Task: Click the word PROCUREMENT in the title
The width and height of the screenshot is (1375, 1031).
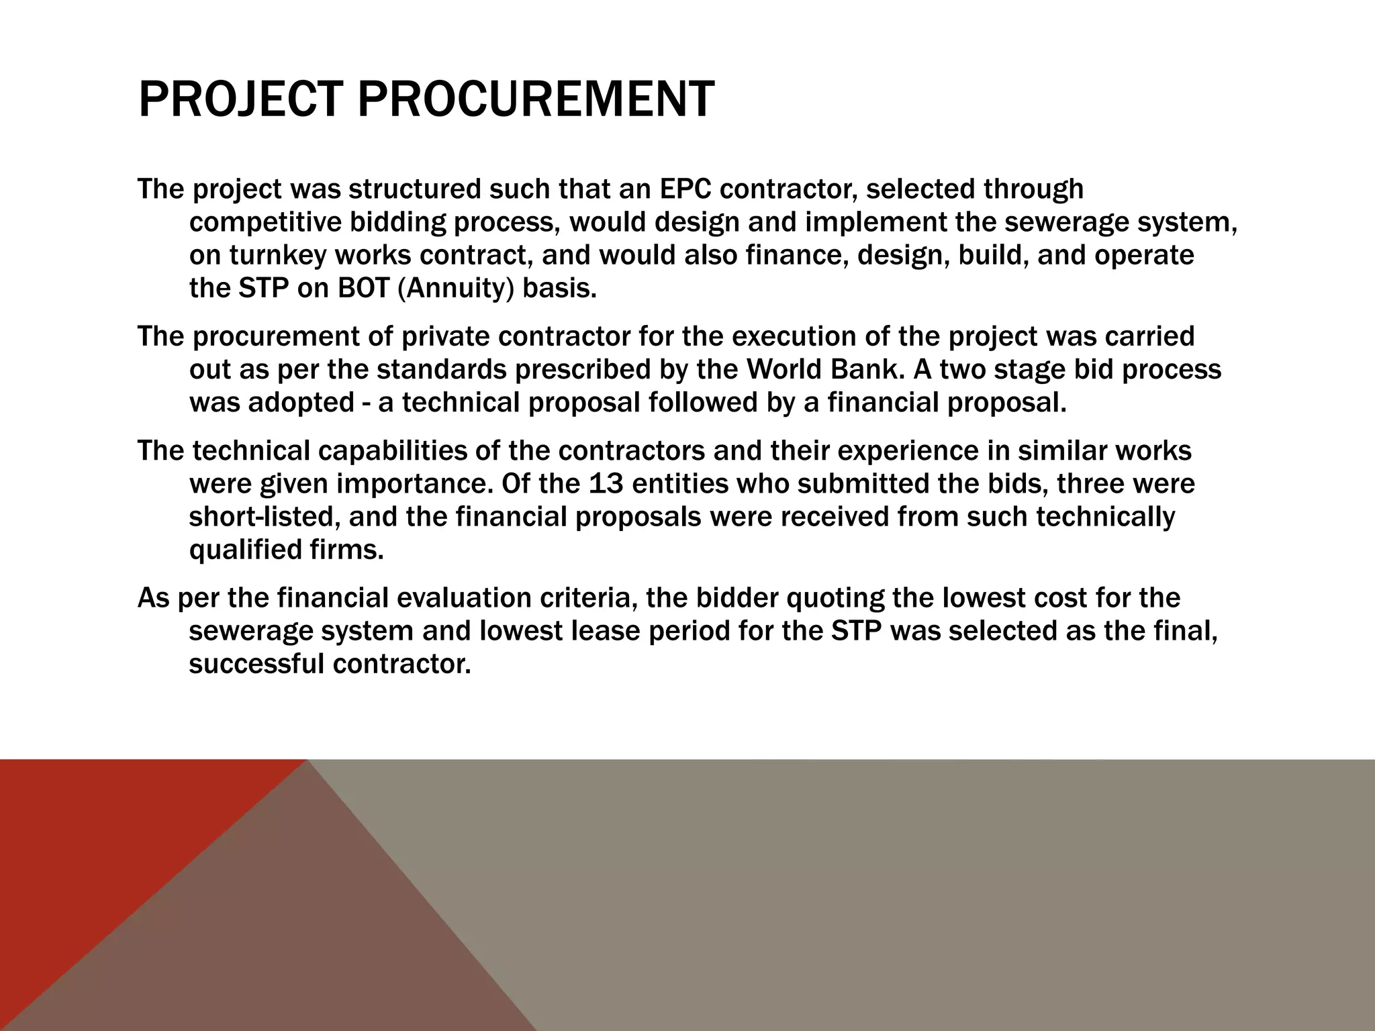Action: (x=535, y=99)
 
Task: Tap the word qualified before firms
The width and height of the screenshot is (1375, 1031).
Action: (x=244, y=550)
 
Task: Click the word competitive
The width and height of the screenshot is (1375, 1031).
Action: (x=265, y=222)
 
